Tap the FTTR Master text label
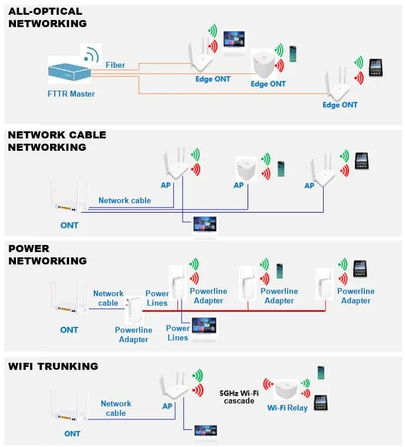(x=71, y=94)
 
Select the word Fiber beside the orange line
(x=115, y=65)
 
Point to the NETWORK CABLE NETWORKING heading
(x=57, y=141)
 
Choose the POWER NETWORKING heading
(x=47, y=254)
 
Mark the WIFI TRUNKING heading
(x=53, y=366)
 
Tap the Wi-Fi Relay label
(x=287, y=408)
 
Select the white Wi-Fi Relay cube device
(x=287, y=389)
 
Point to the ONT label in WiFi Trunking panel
(x=72, y=433)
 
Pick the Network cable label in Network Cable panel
(x=124, y=200)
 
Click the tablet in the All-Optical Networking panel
(x=376, y=67)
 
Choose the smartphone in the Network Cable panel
(x=281, y=168)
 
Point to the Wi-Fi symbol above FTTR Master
(x=90, y=54)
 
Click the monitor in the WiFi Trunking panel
(x=205, y=432)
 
